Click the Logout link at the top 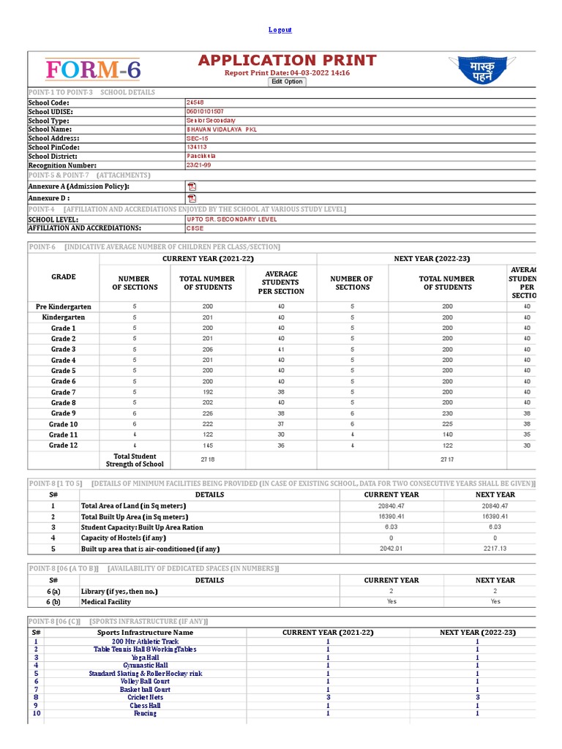coord(280,30)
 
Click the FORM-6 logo coord(93,70)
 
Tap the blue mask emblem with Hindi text coord(491,71)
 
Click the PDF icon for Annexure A coord(192,187)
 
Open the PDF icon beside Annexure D coord(192,198)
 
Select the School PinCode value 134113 coord(197,147)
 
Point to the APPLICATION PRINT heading coord(287,61)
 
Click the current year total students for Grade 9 coord(207,413)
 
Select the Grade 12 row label coord(64,445)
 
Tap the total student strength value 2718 coord(207,459)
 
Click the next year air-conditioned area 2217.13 coord(495,549)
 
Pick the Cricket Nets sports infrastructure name coord(145,698)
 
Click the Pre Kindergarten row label coord(64,307)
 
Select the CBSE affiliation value coord(195,228)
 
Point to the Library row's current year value coord(391,591)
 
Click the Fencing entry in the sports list coord(145,714)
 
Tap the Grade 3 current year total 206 coord(207,350)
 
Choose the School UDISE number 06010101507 coord(207,111)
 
